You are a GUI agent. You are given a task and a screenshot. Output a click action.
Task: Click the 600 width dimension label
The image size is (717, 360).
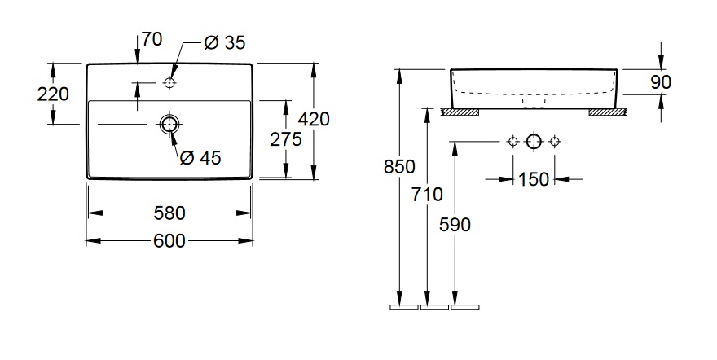(x=169, y=240)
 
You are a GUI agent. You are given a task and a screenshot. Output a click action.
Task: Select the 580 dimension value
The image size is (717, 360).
(x=169, y=213)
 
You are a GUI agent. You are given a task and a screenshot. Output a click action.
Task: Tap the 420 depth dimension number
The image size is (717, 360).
(x=314, y=119)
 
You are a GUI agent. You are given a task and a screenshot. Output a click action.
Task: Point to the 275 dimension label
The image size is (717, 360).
(x=286, y=139)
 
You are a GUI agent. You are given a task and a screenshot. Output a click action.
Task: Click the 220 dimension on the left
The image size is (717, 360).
(x=53, y=94)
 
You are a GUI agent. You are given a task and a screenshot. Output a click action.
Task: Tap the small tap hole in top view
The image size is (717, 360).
(x=169, y=82)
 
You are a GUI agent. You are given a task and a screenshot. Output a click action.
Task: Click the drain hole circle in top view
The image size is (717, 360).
(x=169, y=124)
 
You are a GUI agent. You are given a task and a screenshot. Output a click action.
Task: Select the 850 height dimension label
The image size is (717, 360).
(x=399, y=167)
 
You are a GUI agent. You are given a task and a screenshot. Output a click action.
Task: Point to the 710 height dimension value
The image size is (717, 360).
(x=427, y=194)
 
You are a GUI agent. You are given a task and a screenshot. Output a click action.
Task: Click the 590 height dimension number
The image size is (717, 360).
(x=455, y=225)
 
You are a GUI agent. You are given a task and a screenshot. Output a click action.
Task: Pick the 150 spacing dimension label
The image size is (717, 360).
(x=534, y=179)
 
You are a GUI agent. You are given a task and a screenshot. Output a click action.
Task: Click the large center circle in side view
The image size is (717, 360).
(x=534, y=142)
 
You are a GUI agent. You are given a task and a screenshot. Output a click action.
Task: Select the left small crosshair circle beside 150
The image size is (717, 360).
(x=512, y=142)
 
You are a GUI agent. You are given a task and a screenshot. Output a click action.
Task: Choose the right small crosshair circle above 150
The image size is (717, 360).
(x=555, y=142)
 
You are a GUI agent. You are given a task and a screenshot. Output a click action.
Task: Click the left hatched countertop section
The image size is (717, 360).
(x=460, y=111)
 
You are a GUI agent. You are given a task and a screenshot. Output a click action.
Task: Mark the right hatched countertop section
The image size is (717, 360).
(x=607, y=111)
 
